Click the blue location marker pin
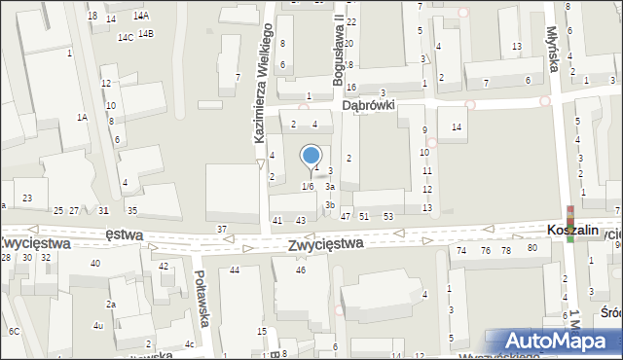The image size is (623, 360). pos(311,157)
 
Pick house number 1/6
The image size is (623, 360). pos(308,186)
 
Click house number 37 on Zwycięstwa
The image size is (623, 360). pos(222,229)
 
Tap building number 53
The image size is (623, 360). pos(387,216)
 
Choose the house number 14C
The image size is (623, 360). pos(126,37)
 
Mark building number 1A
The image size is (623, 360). pos(83,117)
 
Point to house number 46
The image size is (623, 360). pos(301,270)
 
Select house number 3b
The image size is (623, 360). pos(331,204)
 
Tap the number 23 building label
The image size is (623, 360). pos(27,198)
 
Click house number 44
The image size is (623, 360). pos(234,270)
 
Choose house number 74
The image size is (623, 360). pos(461,250)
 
